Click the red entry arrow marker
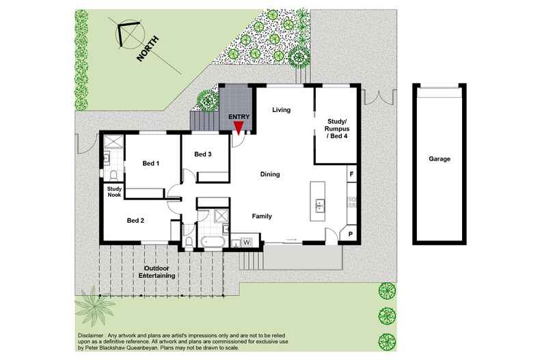click(238, 124)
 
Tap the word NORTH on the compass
click(148, 49)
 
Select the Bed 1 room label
click(150, 163)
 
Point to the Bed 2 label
click(135, 221)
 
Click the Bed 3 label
click(202, 154)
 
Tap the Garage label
click(440, 158)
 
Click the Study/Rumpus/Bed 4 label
click(334, 133)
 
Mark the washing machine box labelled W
click(246, 241)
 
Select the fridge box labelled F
click(351, 175)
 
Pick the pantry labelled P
click(350, 234)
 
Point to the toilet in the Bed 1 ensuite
click(107, 159)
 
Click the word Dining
click(270, 175)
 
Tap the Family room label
click(262, 217)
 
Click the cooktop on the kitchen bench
click(351, 201)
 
